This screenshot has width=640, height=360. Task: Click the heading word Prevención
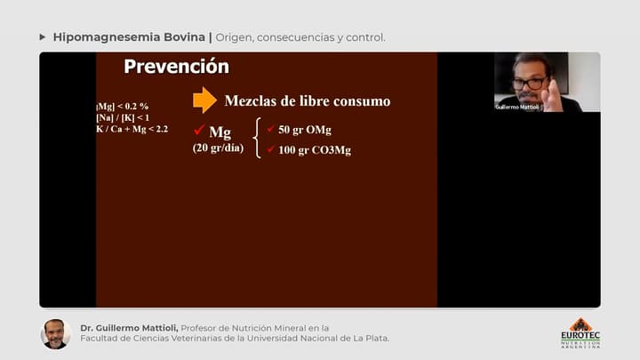pos(176,67)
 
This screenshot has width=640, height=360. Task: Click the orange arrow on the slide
pos(204,100)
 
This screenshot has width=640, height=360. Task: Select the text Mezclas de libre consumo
pos(307,101)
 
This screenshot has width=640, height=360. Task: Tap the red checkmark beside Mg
pos(199,131)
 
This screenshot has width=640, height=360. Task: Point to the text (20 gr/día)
pos(218,148)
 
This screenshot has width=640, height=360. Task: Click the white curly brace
pos(258,140)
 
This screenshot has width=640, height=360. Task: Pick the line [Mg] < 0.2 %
pos(123,107)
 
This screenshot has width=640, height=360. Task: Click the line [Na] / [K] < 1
pos(123,117)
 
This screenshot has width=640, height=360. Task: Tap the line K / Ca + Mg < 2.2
pos(132,129)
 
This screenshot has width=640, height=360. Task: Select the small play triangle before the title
pos(43,37)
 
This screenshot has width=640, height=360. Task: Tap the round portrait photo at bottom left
pos(55,333)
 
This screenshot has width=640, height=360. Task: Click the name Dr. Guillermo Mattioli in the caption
pos(134,327)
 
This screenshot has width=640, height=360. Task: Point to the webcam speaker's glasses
pos(530,83)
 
